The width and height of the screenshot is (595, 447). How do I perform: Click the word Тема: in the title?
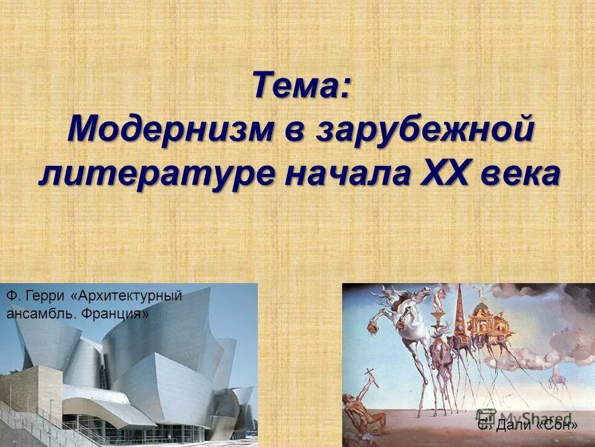(301, 86)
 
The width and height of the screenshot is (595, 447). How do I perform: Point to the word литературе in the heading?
(154, 174)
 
